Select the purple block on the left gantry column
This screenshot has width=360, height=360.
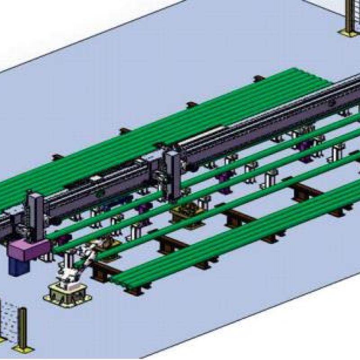pos(29,250)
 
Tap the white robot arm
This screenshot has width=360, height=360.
pos(72,265)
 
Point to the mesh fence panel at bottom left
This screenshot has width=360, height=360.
pos(8,320)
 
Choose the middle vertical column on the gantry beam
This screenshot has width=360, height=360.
pos(173,175)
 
